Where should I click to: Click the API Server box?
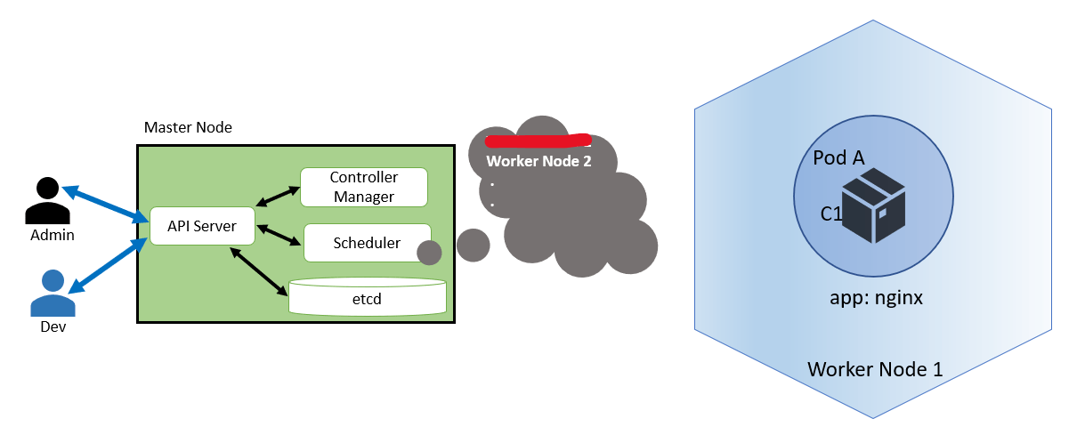pyautogui.click(x=202, y=226)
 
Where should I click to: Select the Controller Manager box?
pyautogui.click(x=363, y=187)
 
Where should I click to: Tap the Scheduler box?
pyautogui.click(x=367, y=243)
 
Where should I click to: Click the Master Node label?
pyautogui.click(x=188, y=127)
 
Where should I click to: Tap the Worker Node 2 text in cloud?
pyautogui.click(x=538, y=162)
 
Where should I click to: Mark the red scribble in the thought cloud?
pyautogui.click(x=538, y=140)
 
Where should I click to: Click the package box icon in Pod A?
pyautogui.click(x=873, y=205)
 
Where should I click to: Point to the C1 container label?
pyautogui.click(x=831, y=214)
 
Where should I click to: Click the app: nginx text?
pyautogui.click(x=876, y=298)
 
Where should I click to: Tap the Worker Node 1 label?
pyautogui.click(x=874, y=368)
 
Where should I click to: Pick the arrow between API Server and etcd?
pyautogui.click(x=259, y=270)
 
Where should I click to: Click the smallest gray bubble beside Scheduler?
pyautogui.click(x=429, y=253)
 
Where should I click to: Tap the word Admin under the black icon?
pyautogui.click(x=52, y=235)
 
